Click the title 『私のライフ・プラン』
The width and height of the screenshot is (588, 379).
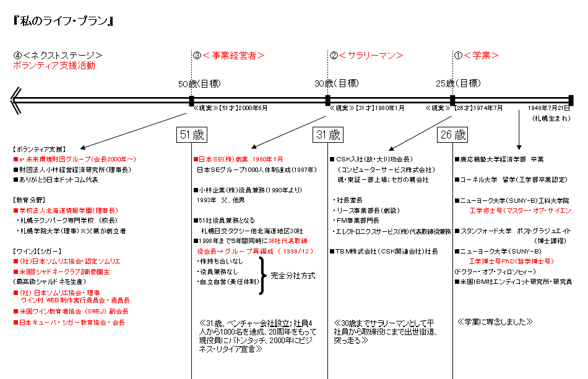(62, 20)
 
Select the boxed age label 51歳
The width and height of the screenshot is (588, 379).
(191, 134)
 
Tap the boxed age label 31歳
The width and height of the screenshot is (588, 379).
(327, 134)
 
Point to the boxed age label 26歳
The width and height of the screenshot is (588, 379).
(453, 134)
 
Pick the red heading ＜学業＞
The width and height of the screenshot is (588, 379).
(481, 56)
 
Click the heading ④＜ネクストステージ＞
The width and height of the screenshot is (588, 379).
(58, 56)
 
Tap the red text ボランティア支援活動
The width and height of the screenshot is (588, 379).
(54, 66)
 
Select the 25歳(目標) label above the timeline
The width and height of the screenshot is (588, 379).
(458, 83)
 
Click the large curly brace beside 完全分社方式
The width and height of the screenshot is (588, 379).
(263, 274)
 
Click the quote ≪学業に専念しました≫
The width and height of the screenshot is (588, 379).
(495, 322)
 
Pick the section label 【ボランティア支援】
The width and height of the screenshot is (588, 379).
(38, 149)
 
